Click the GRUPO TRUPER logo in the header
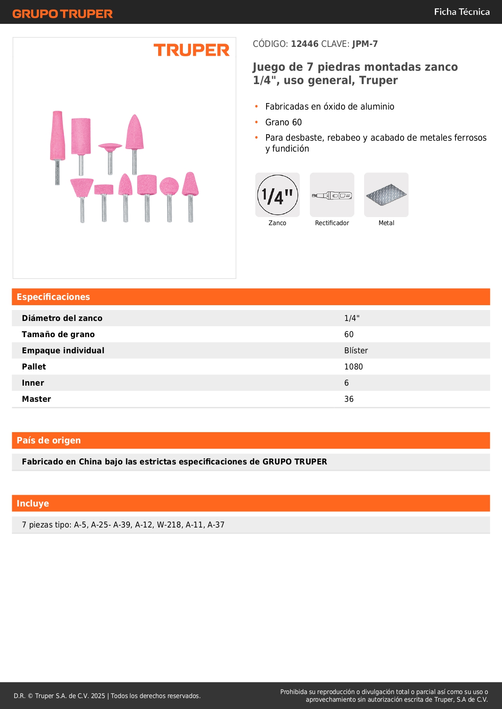[x=62, y=14]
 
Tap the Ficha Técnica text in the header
[x=462, y=12]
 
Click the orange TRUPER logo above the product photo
[x=191, y=50]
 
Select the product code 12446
[x=305, y=44]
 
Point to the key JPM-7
[x=365, y=44]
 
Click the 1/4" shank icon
[x=277, y=195]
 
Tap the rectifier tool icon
[x=332, y=195]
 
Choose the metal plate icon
[x=386, y=195]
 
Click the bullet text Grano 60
[x=283, y=122]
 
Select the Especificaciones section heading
[x=53, y=297]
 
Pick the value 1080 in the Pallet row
[x=354, y=367]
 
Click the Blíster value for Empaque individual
[x=356, y=350]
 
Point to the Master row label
[x=36, y=399]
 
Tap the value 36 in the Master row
[x=349, y=399]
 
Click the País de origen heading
[x=49, y=440]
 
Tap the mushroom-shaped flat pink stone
[x=110, y=146]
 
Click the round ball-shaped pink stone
[x=169, y=186]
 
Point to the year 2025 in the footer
[x=98, y=696]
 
